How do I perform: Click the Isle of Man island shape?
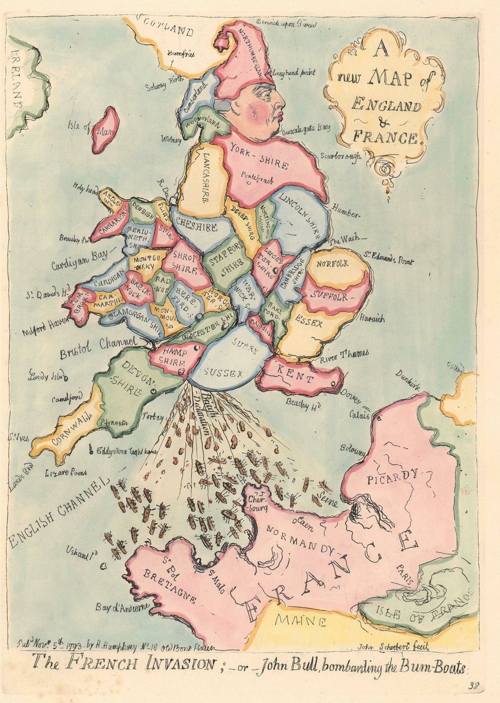(x=105, y=130)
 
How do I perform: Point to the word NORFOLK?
(x=332, y=264)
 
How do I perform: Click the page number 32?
(x=473, y=685)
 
